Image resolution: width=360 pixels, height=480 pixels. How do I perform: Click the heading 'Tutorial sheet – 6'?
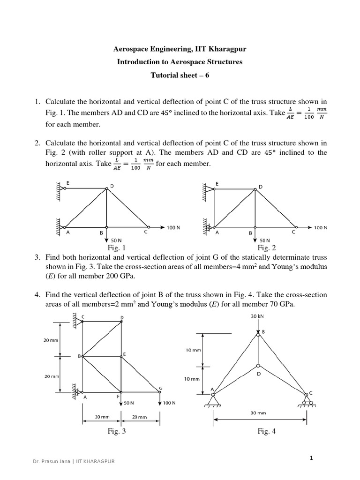pyautogui.click(x=180, y=75)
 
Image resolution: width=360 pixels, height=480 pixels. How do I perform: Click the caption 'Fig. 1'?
pyautogui.click(x=116, y=248)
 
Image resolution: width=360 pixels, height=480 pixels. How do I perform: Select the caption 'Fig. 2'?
pyautogui.click(x=267, y=248)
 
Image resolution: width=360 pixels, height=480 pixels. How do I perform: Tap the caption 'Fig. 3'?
pyautogui.click(x=116, y=432)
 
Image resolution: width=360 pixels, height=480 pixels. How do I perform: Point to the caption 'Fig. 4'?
pyautogui.click(x=267, y=432)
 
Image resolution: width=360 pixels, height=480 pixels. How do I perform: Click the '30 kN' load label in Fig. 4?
pyautogui.click(x=258, y=316)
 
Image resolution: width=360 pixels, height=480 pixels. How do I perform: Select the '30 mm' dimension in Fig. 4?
pyautogui.click(x=258, y=413)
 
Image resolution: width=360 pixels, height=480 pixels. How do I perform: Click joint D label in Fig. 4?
pyautogui.click(x=258, y=375)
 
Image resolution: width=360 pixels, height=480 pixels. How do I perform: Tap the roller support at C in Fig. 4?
pyautogui.click(x=307, y=401)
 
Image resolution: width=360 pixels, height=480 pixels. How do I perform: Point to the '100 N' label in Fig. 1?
pyautogui.click(x=173, y=227)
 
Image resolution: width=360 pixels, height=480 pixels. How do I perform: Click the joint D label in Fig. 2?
pyautogui.click(x=260, y=187)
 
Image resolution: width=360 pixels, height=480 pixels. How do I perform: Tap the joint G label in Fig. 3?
pyautogui.click(x=161, y=388)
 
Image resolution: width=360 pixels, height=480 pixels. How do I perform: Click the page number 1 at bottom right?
pyautogui.click(x=311, y=458)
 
